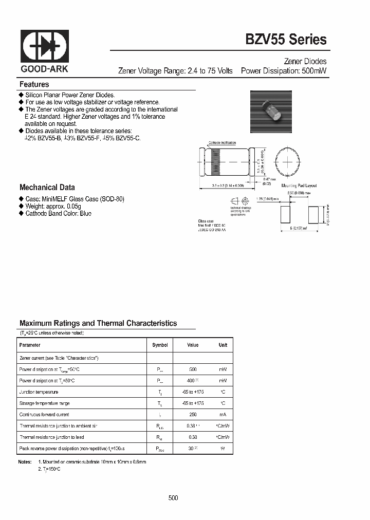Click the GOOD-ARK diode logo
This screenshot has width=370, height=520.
(x=45, y=46)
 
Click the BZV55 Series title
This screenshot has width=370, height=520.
(x=289, y=39)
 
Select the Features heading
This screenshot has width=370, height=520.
(x=34, y=84)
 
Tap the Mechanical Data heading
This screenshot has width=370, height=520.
(x=47, y=188)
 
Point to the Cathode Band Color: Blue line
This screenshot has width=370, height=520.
(x=58, y=213)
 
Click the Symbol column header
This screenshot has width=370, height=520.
(x=160, y=345)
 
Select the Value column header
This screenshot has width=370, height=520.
(x=193, y=345)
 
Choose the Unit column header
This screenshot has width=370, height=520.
(x=223, y=345)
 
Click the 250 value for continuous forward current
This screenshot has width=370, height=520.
(x=193, y=414)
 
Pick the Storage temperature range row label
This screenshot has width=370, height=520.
(x=44, y=403)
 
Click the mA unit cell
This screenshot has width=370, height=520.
(x=223, y=414)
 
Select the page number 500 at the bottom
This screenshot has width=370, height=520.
(x=173, y=498)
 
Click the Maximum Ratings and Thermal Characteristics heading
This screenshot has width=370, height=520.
(x=98, y=323)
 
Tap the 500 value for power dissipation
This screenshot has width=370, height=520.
(x=193, y=369)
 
